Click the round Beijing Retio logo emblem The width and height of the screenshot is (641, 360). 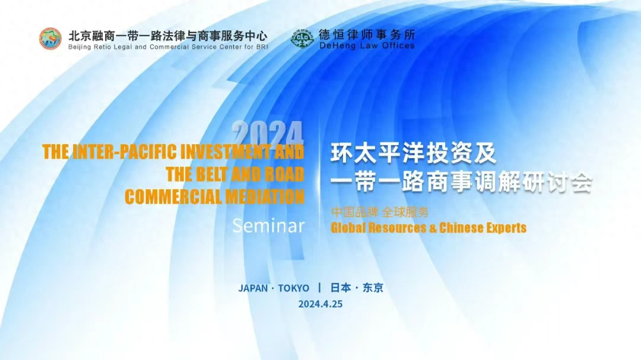(50, 39)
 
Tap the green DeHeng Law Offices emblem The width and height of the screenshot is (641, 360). (302, 39)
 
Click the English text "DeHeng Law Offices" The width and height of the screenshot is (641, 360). (367, 46)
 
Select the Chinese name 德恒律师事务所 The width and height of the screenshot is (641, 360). (367, 34)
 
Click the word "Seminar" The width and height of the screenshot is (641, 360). (269, 226)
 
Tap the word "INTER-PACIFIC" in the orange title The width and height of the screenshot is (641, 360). (125, 152)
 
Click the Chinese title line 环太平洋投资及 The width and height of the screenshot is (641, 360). (413, 153)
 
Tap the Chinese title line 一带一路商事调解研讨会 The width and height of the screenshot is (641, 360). (462, 181)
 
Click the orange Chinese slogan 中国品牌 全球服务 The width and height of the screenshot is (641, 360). (380, 212)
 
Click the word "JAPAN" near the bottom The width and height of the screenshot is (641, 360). (253, 288)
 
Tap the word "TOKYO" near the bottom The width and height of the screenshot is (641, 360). (294, 288)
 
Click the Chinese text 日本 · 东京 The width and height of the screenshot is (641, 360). (357, 288)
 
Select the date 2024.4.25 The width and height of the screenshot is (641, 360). (320, 304)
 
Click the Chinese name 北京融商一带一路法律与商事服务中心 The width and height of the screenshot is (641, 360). (168, 36)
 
